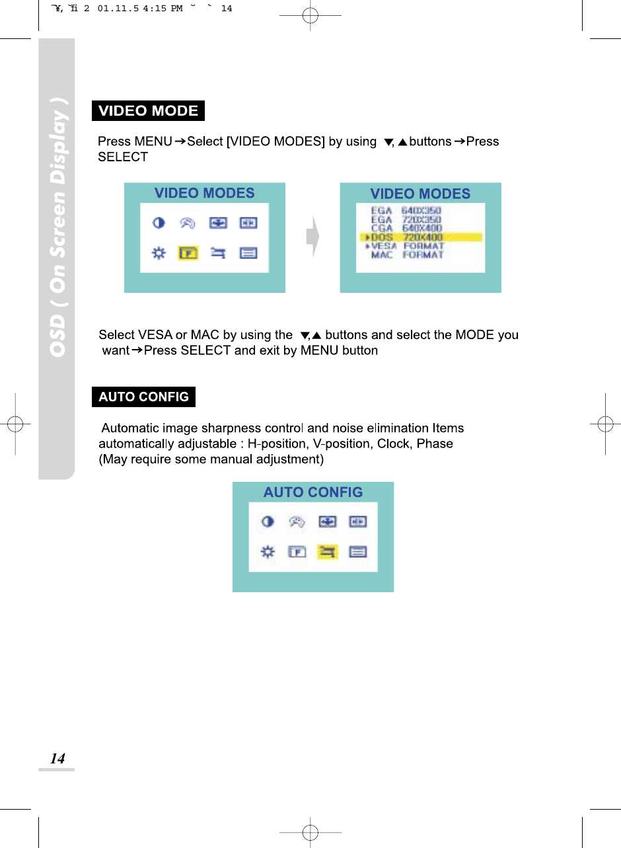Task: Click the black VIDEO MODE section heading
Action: click(x=148, y=111)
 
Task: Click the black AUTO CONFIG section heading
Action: click(x=143, y=397)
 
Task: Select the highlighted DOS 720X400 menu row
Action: click(x=421, y=237)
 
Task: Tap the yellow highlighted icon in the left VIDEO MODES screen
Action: click(x=188, y=254)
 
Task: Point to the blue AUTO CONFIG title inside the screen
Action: click(x=313, y=492)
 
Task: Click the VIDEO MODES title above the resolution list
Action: click(x=420, y=194)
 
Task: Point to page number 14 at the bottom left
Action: click(x=58, y=759)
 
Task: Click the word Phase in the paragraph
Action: click(x=435, y=443)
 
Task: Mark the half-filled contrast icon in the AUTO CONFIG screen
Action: click(x=268, y=522)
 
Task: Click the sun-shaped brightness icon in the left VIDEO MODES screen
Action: click(x=159, y=254)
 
